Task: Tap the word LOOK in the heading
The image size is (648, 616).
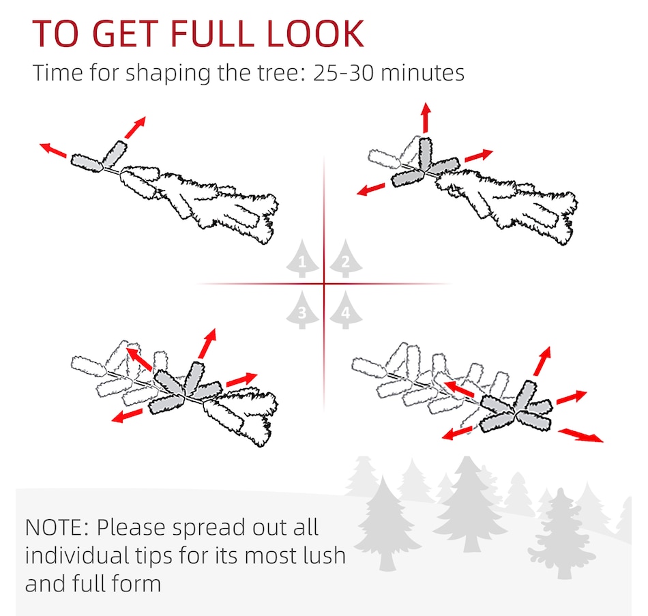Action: tap(315, 33)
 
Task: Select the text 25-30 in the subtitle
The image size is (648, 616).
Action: tap(343, 73)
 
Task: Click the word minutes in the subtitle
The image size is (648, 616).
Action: tap(422, 73)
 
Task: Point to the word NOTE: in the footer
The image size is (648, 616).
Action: tap(57, 527)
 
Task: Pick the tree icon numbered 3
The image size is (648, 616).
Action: tap(302, 310)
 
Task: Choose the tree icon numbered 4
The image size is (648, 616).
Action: tap(346, 310)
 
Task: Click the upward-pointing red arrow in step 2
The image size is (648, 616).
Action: tap(426, 117)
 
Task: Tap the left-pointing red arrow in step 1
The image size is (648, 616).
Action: tap(53, 150)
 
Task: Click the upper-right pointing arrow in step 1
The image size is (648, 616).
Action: tap(135, 128)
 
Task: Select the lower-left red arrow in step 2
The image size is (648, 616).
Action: tap(370, 190)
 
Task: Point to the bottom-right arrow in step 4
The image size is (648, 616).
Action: tap(580, 436)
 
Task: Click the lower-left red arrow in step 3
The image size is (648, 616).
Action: tap(127, 416)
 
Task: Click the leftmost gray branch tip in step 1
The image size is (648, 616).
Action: tap(87, 163)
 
